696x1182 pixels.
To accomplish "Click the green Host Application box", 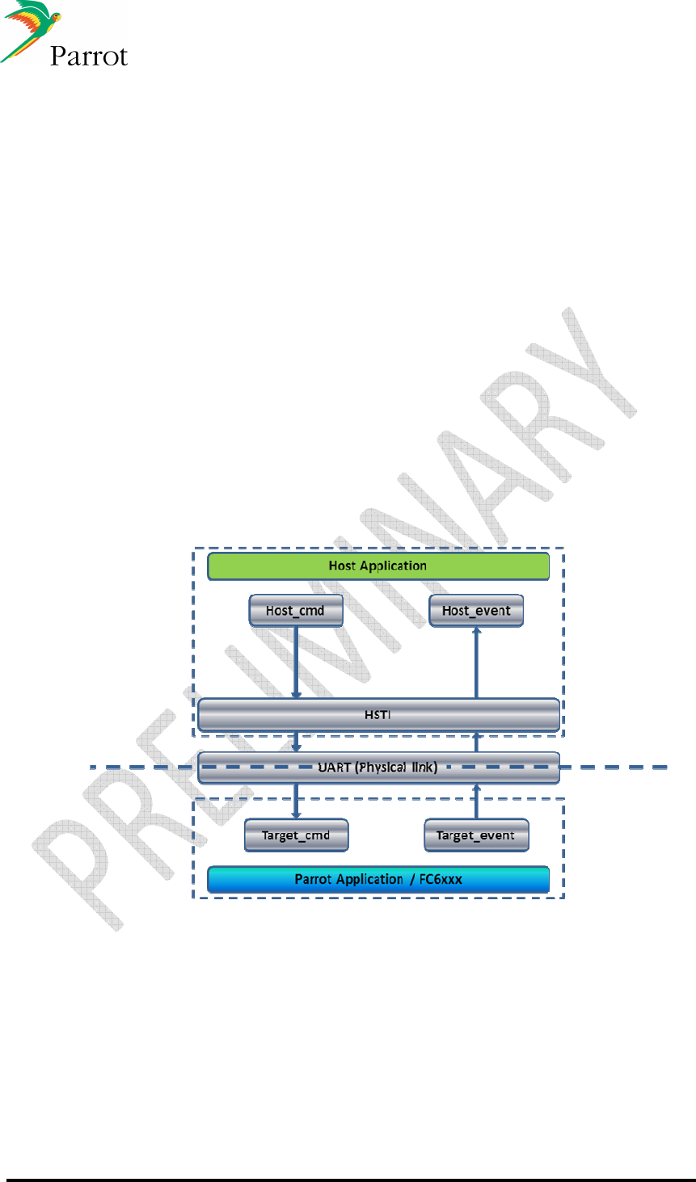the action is click(378, 566).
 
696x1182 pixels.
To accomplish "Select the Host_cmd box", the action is click(296, 611).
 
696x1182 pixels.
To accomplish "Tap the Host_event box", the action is click(476, 611).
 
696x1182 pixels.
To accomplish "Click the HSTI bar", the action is click(378, 715).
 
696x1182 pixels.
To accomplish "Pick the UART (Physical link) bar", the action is click(378, 768).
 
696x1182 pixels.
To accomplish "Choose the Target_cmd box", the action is click(296, 835).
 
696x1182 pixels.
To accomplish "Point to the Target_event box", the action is click(476, 835).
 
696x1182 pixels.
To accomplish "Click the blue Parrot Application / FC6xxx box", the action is click(378, 879).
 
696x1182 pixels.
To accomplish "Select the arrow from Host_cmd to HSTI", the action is click(296, 663).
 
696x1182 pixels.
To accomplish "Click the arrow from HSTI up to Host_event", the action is click(476, 663).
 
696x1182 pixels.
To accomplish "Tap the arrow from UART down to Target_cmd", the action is click(296, 801).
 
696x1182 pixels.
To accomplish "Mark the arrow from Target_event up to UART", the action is click(476, 801).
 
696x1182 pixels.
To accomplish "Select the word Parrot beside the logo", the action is click(89, 56).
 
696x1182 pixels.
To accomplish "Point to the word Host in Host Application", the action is click(342, 566).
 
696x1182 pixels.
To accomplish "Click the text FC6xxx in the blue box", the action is click(441, 879).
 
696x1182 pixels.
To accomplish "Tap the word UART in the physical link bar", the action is click(335, 768).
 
